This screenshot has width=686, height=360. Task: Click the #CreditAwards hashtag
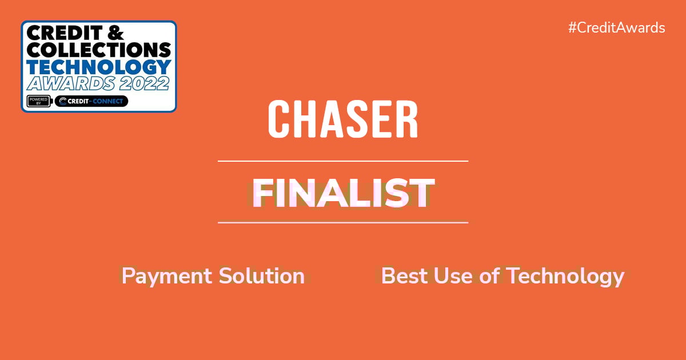coord(616,28)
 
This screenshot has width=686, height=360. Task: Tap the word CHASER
coord(343,119)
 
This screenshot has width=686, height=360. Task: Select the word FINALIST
coord(343,193)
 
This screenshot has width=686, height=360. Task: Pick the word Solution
coord(262,276)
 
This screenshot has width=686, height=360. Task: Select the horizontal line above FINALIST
coord(343,161)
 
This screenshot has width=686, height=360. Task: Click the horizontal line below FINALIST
coord(343,222)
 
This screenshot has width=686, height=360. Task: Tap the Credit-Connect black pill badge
coord(91,102)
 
